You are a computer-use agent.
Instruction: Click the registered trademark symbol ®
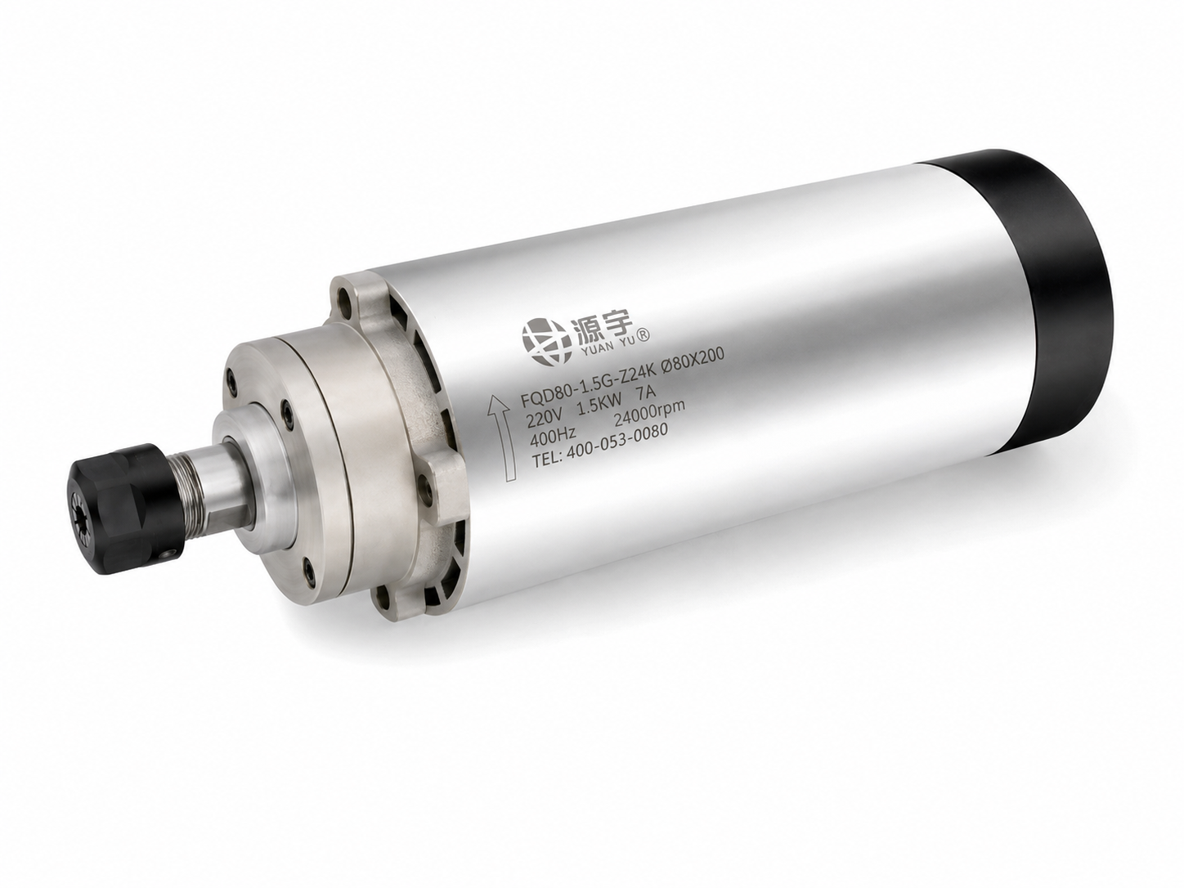point(647,336)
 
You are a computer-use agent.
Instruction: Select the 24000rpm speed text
point(651,419)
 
